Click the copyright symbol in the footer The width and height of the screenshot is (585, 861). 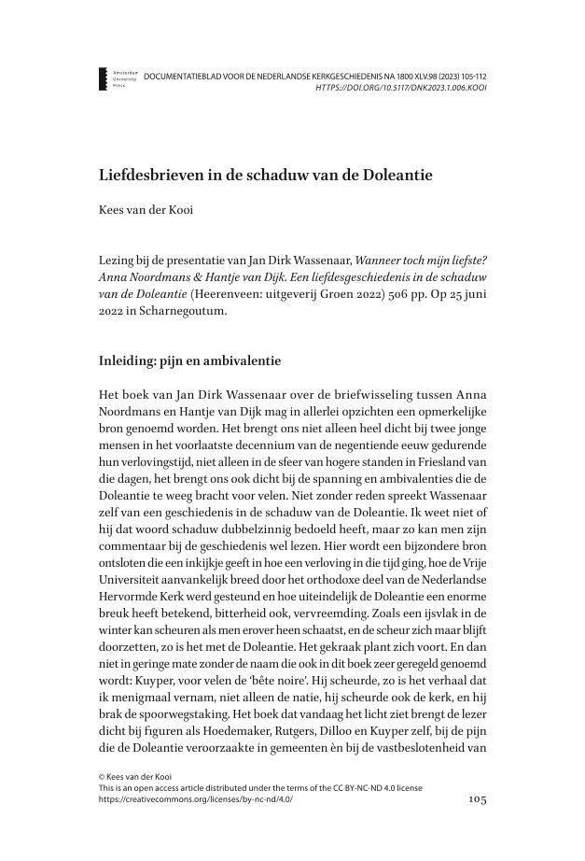pos(102,776)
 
